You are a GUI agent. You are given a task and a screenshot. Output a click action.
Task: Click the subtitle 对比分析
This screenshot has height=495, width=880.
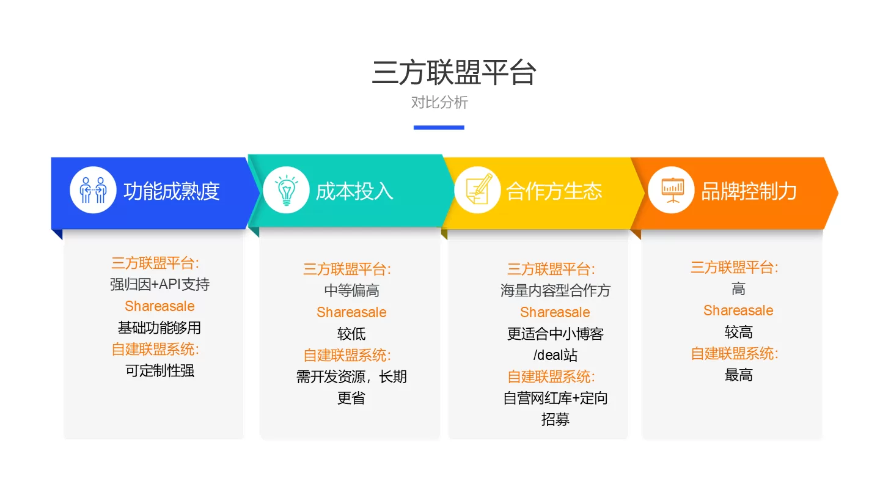[x=439, y=103]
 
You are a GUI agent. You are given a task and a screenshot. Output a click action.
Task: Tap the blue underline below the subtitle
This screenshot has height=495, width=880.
[x=439, y=127]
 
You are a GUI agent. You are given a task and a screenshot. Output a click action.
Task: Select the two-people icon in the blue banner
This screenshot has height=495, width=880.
[x=93, y=189]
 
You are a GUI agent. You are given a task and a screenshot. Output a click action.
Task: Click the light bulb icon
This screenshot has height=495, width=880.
[x=287, y=190]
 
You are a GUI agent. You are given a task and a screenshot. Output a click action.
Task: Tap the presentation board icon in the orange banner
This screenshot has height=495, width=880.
[x=673, y=190]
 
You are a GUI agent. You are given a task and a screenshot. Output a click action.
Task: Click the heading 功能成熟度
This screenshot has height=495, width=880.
[x=172, y=191]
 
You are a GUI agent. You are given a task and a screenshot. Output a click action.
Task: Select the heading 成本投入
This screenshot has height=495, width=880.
[x=354, y=191]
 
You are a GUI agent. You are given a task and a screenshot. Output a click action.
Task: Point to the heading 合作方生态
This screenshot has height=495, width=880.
[x=554, y=191]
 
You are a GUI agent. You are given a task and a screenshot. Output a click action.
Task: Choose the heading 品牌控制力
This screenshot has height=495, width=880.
[x=749, y=191]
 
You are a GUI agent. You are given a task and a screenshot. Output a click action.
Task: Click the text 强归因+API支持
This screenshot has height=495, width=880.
[x=159, y=284]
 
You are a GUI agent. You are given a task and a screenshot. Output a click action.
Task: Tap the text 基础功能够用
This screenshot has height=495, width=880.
[x=159, y=328]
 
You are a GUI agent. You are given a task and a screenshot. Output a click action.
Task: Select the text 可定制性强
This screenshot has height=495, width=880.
[x=159, y=370]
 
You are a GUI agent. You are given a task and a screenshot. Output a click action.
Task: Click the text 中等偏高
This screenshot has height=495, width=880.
[x=351, y=290]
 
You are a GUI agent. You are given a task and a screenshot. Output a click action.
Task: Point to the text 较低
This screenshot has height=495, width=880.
[x=351, y=334]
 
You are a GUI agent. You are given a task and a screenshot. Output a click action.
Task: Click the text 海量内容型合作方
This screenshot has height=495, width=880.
[x=555, y=290]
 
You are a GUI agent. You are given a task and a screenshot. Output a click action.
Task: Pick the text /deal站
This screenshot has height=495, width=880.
[x=555, y=354]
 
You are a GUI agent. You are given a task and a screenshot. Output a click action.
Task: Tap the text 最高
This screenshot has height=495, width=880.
[x=739, y=375]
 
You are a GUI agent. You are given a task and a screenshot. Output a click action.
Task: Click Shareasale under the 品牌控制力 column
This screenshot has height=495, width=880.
[x=738, y=310]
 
